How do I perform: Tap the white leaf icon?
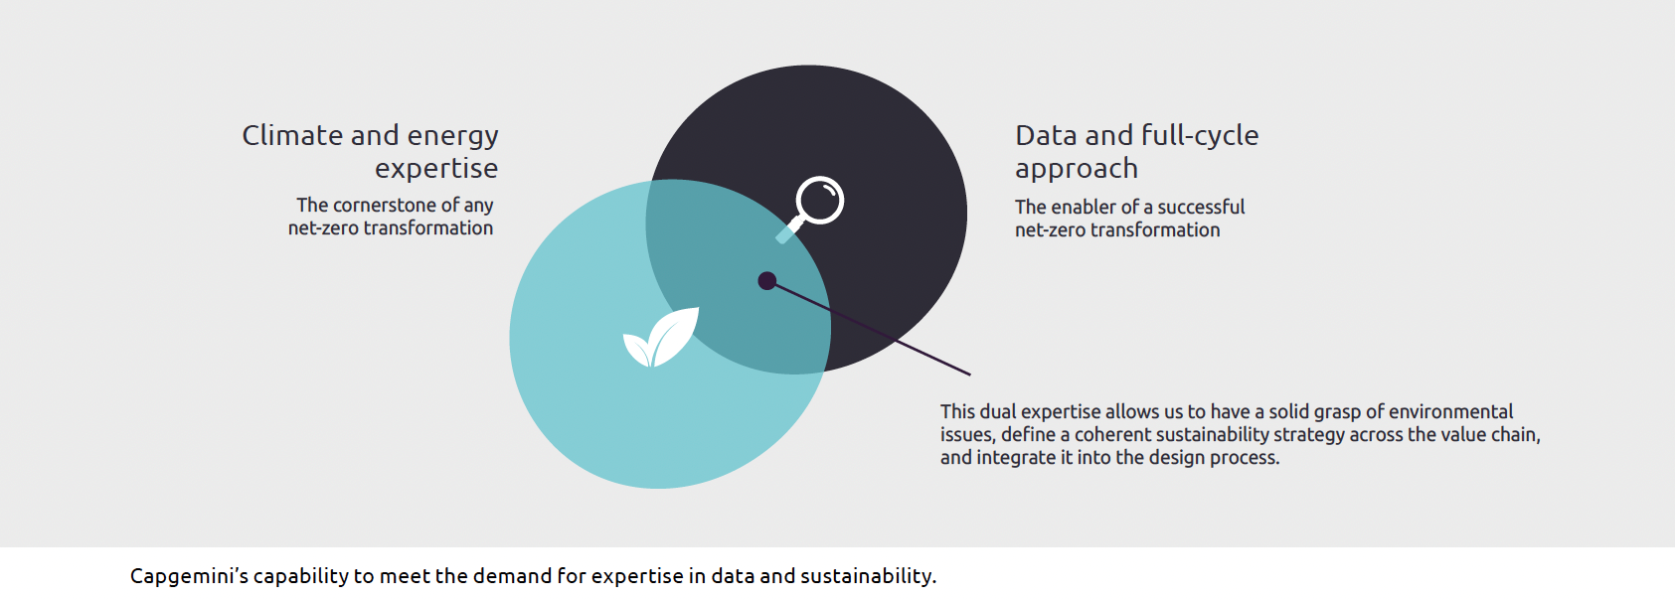[x=661, y=338]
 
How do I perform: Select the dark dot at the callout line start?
[x=766, y=280]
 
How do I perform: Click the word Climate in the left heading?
[x=292, y=135]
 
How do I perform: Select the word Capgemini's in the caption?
[x=189, y=576]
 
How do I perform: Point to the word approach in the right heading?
[x=1076, y=169]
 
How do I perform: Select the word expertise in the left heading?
[x=436, y=169]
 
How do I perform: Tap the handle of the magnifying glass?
[x=789, y=229]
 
